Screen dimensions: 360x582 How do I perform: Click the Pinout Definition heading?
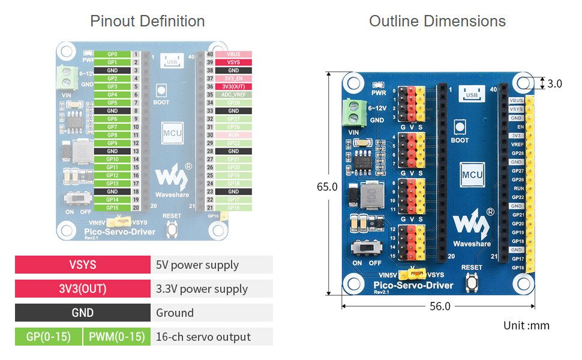(147, 22)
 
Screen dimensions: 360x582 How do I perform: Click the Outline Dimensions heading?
(437, 22)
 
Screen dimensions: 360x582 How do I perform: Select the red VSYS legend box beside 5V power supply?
(82, 265)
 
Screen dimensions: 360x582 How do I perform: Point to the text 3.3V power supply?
(202, 289)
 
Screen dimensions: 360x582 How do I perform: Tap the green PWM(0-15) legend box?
(117, 337)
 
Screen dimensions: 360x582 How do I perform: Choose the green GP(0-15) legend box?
(48, 337)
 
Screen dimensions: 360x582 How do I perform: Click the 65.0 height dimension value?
(327, 187)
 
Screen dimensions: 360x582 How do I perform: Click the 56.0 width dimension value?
(439, 306)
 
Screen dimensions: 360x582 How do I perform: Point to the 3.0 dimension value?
(554, 83)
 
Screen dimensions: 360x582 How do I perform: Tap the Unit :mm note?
(526, 326)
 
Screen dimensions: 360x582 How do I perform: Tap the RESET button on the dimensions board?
(472, 281)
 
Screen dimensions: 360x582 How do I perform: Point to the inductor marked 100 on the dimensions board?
(371, 195)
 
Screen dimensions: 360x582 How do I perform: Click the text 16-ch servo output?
(203, 337)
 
